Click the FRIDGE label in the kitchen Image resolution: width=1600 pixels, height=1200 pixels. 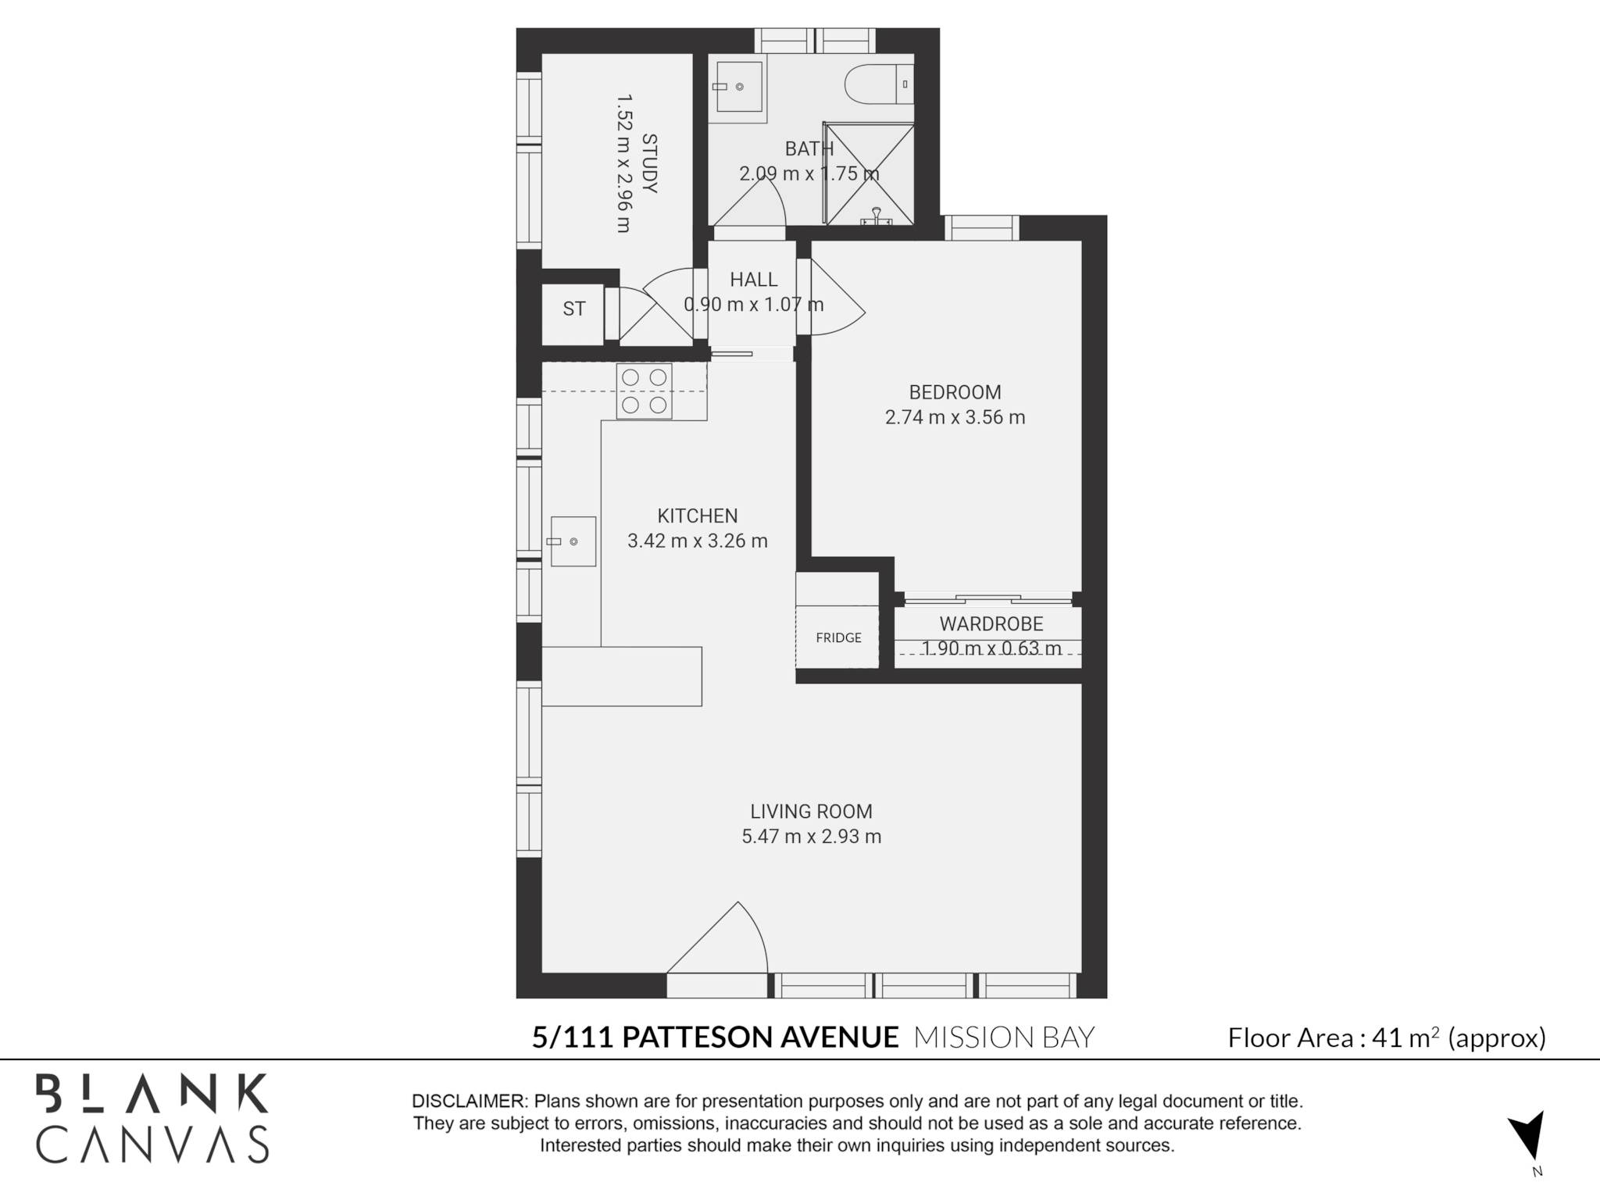[x=838, y=637]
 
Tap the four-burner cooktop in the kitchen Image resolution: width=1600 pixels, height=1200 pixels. [x=645, y=391]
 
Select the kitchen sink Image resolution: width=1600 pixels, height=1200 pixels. [x=573, y=541]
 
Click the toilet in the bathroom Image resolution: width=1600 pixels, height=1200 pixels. [x=880, y=84]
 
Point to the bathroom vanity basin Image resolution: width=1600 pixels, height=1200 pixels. [x=738, y=87]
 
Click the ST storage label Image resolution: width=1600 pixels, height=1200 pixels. [x=574, y=309]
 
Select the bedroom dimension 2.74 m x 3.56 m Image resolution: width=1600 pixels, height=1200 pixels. [x=955, y=417]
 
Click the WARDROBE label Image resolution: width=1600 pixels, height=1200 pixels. [x=991, y=624]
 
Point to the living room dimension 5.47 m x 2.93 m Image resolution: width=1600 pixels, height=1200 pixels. [x=812, y=837]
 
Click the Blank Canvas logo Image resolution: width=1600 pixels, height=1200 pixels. [x=152, y=1119]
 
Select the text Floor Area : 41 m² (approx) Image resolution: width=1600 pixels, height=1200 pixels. [x=1387, y=1037]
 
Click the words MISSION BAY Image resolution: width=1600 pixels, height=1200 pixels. [x=1004, y=1037]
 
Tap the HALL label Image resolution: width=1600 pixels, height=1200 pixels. [x=754, y=280]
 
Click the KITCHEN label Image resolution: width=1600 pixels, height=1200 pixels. [x=698, y=516]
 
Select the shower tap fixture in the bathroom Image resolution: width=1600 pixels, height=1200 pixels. [x=877, y=217]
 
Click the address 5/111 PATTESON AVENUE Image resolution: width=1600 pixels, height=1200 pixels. [x=716, y=1037]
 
